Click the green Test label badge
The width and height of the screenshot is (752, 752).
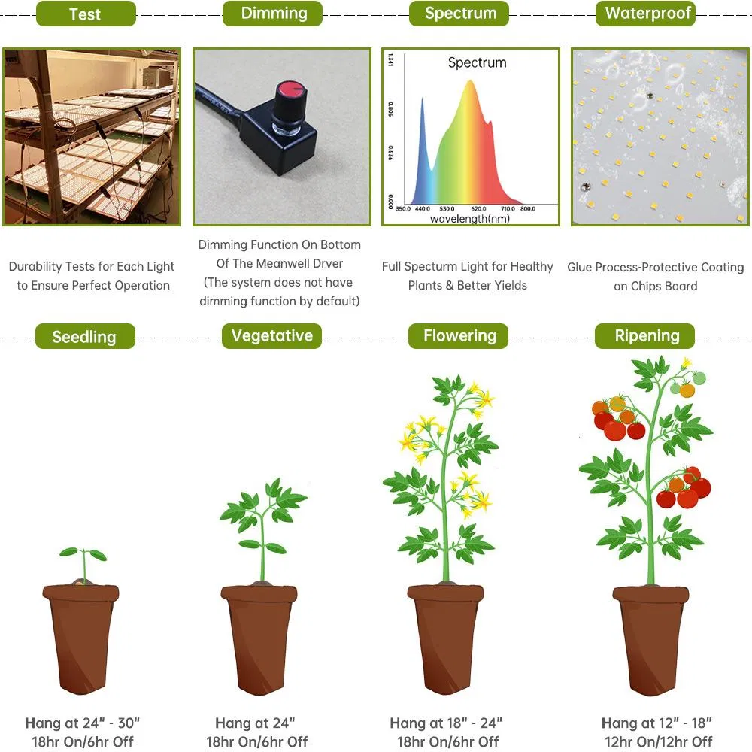pyautogui.click(x=86, y=14)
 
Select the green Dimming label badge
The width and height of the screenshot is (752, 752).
pyautogui.click(x=273, y=14)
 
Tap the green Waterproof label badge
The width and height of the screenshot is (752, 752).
pyautogui.click(x=647, y=14)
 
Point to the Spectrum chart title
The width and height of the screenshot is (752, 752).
pyautogui.click(x=477, y=63)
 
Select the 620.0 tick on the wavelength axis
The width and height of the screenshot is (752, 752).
pyautogui.click(x=478, y=208)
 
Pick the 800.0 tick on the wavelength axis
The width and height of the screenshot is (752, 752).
pyautogui.click(x=527, y=208)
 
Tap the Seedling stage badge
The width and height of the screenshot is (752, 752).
pyautogui.click(x=85, y=337)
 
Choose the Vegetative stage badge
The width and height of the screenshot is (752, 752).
pyautogui.click(x=271, y=336)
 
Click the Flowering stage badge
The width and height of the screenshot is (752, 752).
pyautogui.click(x=459, y=336)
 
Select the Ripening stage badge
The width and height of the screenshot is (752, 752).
pyautogui.click(x=646, y=336)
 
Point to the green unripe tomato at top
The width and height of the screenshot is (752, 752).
pyautogui.click(x=699, y=378)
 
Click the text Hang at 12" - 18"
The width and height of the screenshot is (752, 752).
pyautogui.click(x=656, y=723)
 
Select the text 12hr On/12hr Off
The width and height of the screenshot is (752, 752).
pyautogui.click(x=658, y=741)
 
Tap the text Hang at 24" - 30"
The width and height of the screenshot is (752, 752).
pyautogui.click(x=83, y=723)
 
